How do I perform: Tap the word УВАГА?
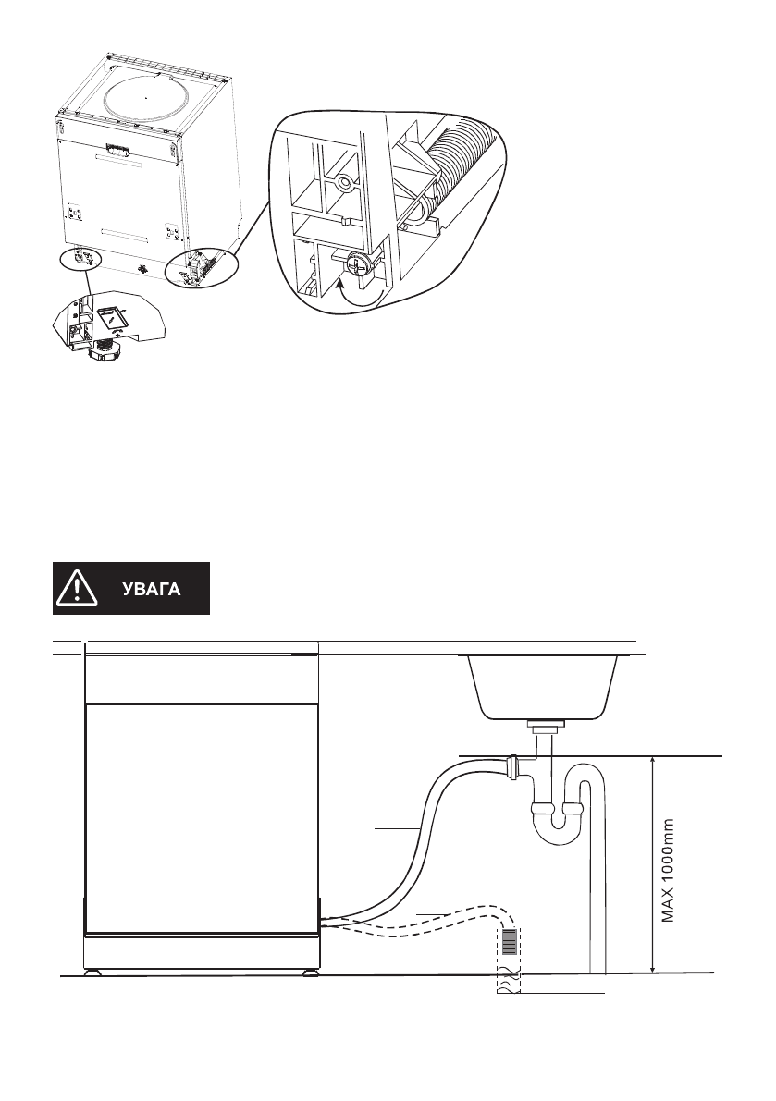tap(154, 589)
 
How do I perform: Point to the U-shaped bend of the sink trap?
tap(555, 817)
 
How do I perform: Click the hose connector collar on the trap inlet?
tap(512, 766)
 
